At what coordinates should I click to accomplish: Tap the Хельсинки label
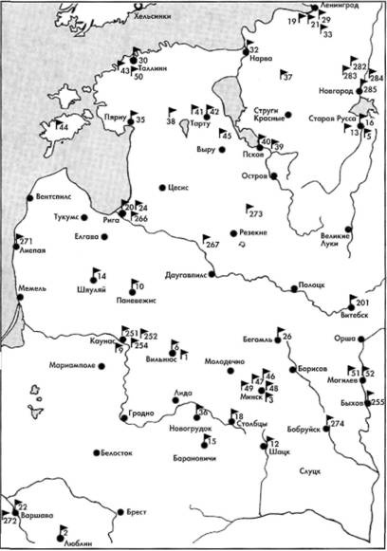click(x=155, y=16)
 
